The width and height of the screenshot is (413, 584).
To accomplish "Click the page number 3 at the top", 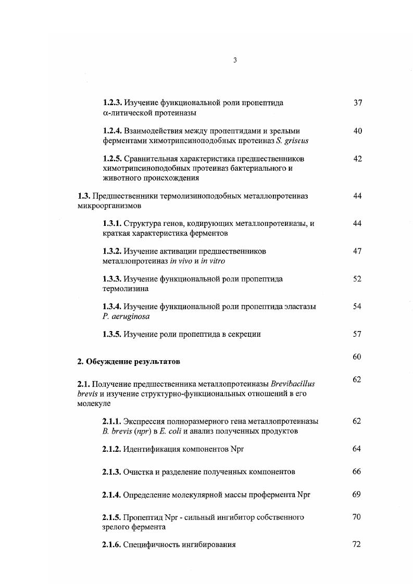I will click(235, 60).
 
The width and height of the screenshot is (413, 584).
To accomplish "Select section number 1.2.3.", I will click(112, 103).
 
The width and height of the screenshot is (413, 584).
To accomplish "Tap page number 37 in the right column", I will click(357, 103).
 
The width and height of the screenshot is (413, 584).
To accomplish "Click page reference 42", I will click(357, 159).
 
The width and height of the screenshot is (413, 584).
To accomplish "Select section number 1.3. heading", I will click(84, 196).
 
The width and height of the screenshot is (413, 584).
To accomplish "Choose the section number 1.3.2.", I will click(112, 251).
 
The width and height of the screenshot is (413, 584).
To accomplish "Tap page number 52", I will click(357, 279).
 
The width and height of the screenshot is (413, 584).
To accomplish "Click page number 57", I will click(357, 334).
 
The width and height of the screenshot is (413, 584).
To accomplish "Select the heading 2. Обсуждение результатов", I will click(129, 361).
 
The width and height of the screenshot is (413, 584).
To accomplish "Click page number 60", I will click(357, 357).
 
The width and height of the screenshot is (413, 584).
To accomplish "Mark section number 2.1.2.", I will click(112, 449).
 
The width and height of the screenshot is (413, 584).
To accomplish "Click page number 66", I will click(357, 472).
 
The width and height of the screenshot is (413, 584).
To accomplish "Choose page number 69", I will click(357, 494).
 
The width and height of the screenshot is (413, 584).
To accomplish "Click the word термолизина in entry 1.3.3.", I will click(126, 288).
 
